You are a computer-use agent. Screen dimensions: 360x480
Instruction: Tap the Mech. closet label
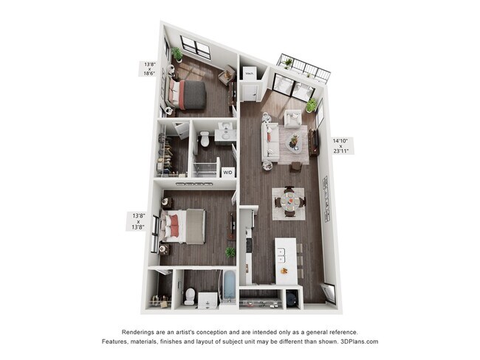coord(250,74)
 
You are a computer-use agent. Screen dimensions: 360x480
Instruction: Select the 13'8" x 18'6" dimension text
coord(149,69)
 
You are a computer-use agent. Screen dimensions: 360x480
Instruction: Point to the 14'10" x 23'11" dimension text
coord(341,145)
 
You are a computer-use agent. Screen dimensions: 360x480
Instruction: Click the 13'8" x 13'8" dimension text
coord(138,221)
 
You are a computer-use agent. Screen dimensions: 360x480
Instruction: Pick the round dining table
coord(288,201)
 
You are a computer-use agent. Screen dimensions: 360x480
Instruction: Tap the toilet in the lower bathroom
coord(189,296)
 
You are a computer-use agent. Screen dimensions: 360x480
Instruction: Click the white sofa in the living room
coord(271,142)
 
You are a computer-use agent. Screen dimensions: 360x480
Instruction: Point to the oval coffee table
coord(294,139)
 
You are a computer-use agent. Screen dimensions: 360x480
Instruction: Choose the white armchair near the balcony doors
coord(293,118)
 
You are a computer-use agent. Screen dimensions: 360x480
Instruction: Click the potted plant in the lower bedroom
coord(230,252)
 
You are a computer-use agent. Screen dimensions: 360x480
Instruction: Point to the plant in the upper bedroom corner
coord(176,54)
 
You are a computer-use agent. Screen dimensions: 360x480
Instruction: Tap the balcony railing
coord(304,68)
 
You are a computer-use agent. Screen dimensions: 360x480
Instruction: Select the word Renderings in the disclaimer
coord(141,333)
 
